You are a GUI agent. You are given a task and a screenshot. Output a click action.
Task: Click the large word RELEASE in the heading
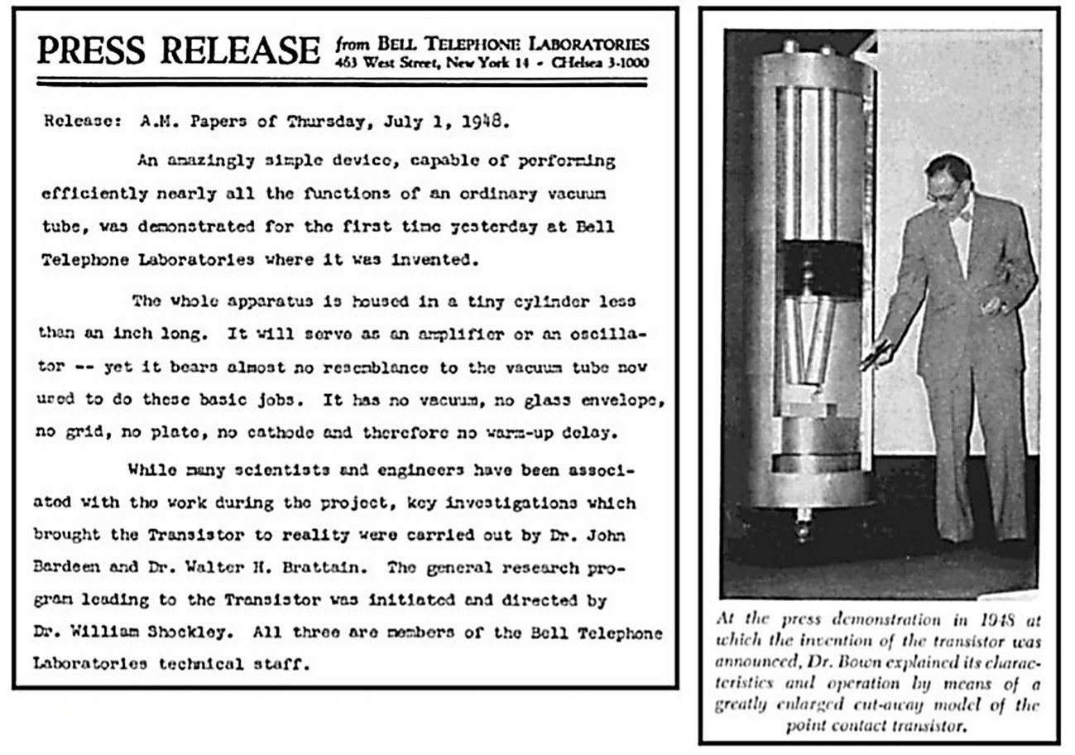(241, 50)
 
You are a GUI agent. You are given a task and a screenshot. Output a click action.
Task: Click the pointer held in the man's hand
(875, 354)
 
